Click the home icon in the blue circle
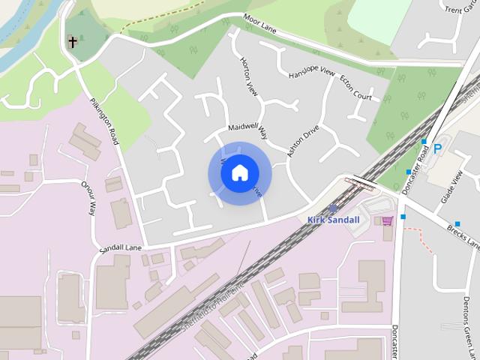(x=239, y=173)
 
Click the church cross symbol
(x=73, y=41)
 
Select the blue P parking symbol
(x=437, y=149)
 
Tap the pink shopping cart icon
(x=387, y=220)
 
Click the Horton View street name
(x=248, y=76)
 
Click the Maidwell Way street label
(x=247, y=128)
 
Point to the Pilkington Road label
(x=103, y=121)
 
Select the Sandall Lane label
(x=120, y=247)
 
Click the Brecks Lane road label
(x=463, y=235)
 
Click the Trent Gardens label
(x=458, y=10)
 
